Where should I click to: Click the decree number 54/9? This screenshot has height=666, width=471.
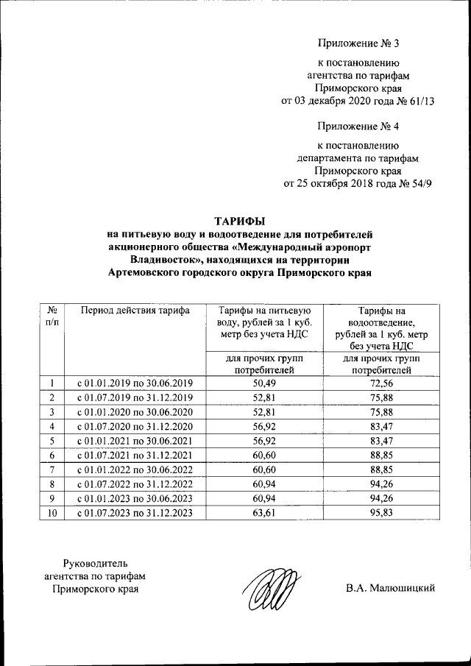tap(417, 183)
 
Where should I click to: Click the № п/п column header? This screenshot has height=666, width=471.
tap(52, 317)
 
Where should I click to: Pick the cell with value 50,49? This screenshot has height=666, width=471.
tap(263, 383)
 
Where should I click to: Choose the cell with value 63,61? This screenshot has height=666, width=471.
tap(263, 513)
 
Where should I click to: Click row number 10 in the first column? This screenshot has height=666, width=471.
tap(52, 513)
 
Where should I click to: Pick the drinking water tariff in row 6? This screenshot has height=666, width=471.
tap(263, 456)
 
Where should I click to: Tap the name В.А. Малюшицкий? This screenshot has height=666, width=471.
tap(391, 588)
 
